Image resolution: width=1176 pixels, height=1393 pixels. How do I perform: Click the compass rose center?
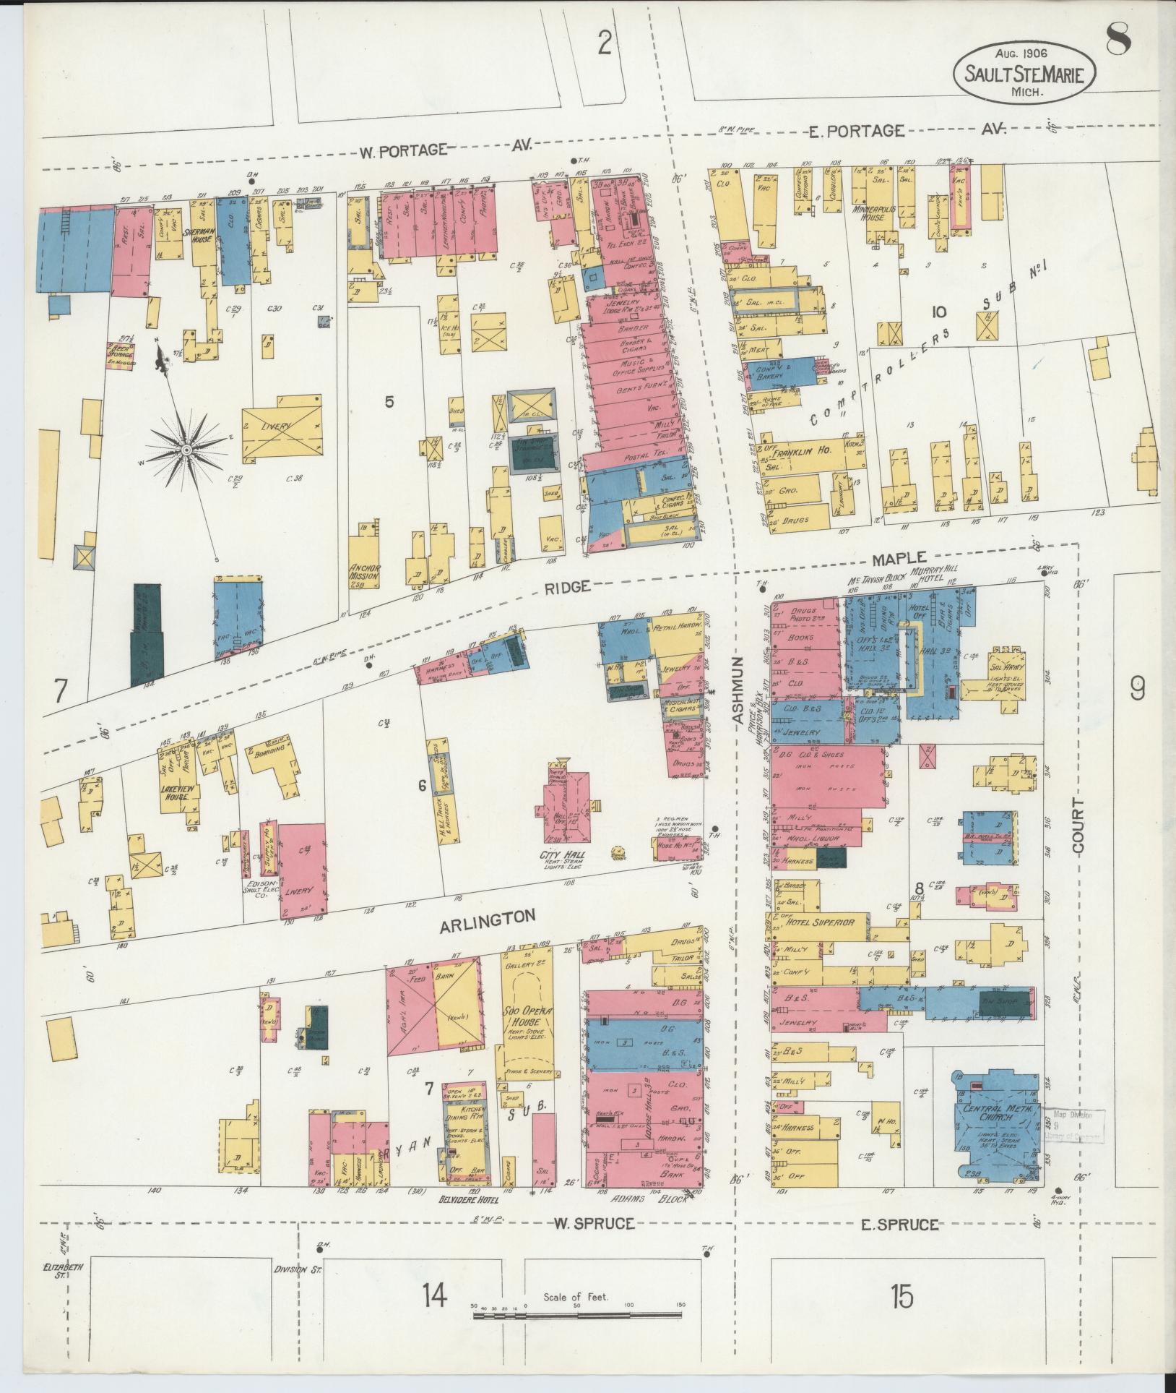point(186,450)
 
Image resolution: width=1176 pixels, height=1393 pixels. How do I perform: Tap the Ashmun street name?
point(738,690)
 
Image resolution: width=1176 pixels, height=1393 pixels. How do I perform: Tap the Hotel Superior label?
point(820,922)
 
